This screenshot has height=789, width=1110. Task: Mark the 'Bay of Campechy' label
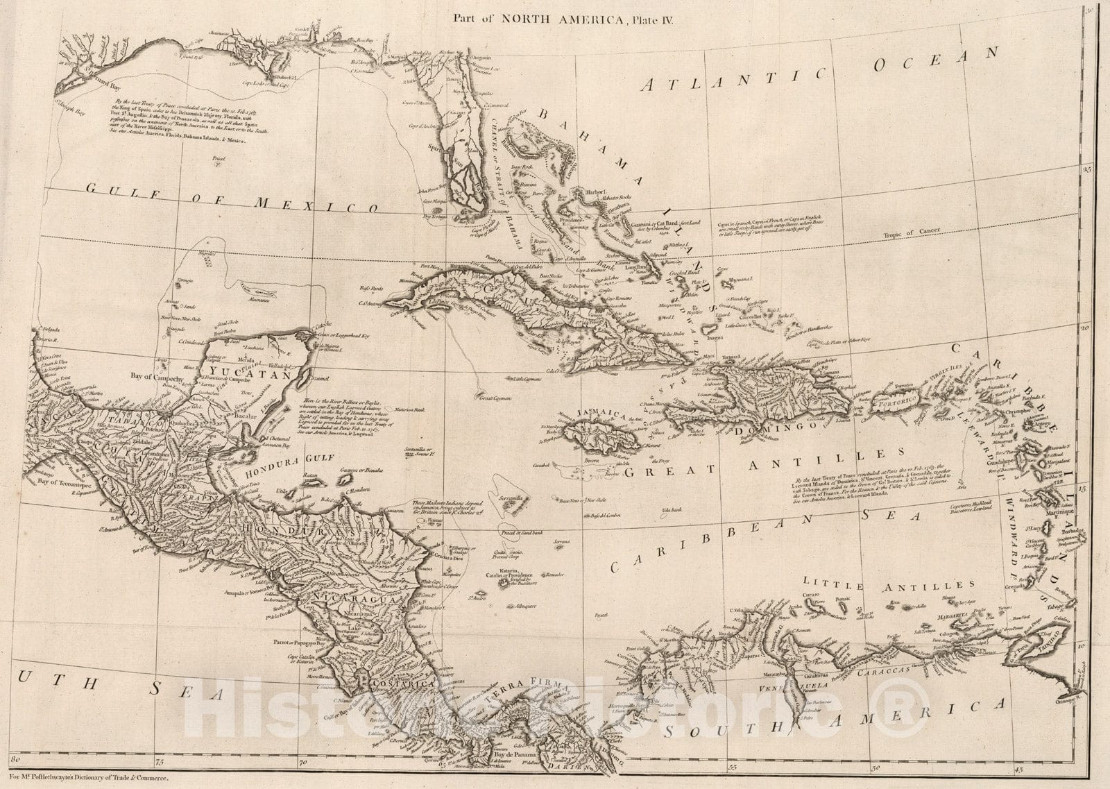pos(157,379)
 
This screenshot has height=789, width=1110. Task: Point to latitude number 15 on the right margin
pos(1086,489)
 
